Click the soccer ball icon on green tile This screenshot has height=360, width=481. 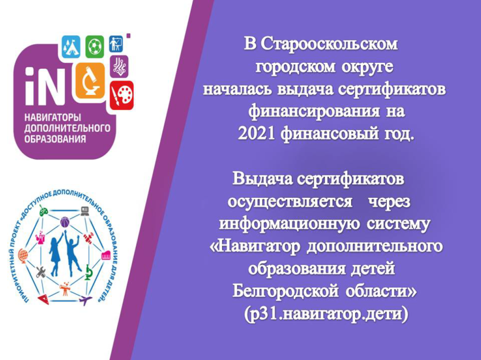click(95, 47)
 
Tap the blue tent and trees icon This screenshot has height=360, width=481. click(71, 47)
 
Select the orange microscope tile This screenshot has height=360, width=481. click(90, 81)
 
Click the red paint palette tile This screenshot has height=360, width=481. click(121, 95)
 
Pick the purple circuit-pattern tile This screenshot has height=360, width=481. click(119, 66)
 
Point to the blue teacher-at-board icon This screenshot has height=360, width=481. click(116, 44)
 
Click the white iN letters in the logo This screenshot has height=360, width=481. click(45, 86)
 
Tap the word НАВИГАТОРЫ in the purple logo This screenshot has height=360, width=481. click(53, 118)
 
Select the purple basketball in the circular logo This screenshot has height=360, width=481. click(65, 222)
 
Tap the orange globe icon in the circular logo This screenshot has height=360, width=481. click(23, 255)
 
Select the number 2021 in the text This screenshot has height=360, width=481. click(256, 133)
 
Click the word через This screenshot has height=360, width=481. click(389, 201)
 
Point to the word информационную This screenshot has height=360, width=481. click(289, 225)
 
